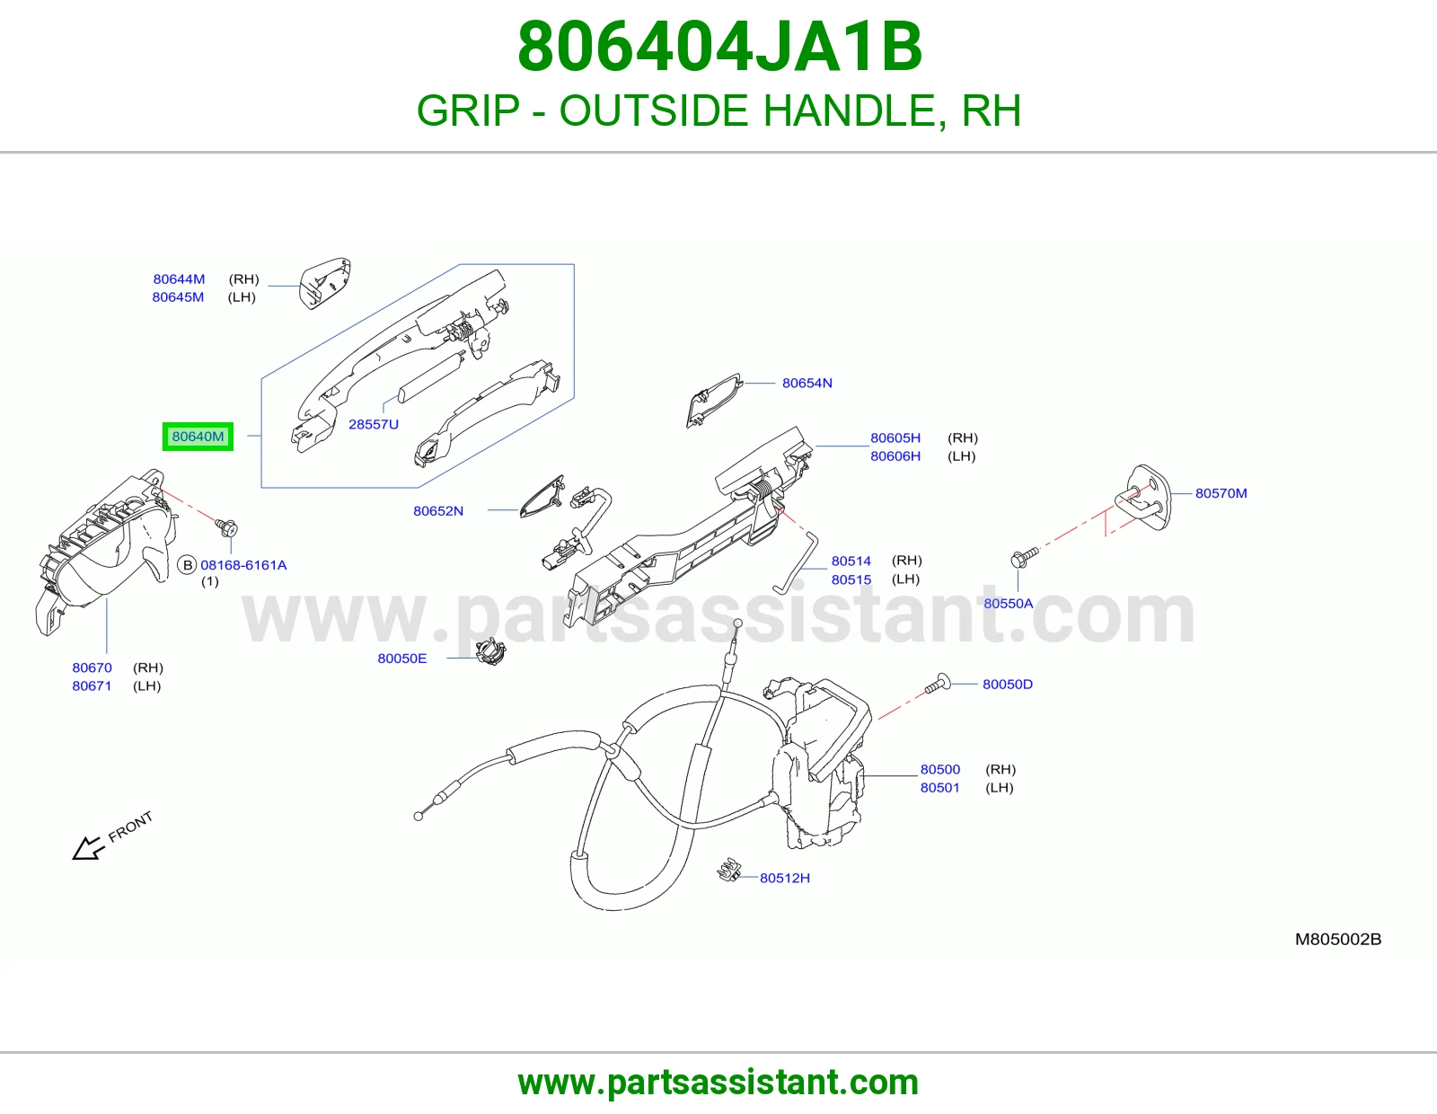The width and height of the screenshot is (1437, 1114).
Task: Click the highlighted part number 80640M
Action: (198, 437)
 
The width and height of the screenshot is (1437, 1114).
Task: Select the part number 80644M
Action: (179, 279)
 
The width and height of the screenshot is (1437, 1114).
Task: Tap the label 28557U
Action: (374, 424)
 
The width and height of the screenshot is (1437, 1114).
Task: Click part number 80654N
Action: (807, 383)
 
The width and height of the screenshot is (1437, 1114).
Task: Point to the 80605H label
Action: (895, 438)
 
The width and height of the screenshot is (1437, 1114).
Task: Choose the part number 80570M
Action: (1221, 493)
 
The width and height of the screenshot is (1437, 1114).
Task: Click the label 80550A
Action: (1008, 604)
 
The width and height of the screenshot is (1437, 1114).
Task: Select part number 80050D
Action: (1007, 684)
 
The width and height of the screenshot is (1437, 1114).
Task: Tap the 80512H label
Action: (784, 878)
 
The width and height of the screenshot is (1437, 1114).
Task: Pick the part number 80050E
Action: (402, 659)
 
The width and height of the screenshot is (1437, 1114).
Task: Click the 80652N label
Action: (437, 510)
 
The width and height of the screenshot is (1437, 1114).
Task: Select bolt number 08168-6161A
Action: (243, 565)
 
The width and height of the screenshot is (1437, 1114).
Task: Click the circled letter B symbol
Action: (188, 565)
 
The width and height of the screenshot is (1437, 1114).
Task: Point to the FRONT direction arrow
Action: (89, 848)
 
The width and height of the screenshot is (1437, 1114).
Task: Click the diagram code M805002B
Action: (1338, 940)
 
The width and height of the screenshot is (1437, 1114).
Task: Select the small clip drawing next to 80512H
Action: (728, 870)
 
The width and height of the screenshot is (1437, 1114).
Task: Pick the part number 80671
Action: (92, 686)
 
